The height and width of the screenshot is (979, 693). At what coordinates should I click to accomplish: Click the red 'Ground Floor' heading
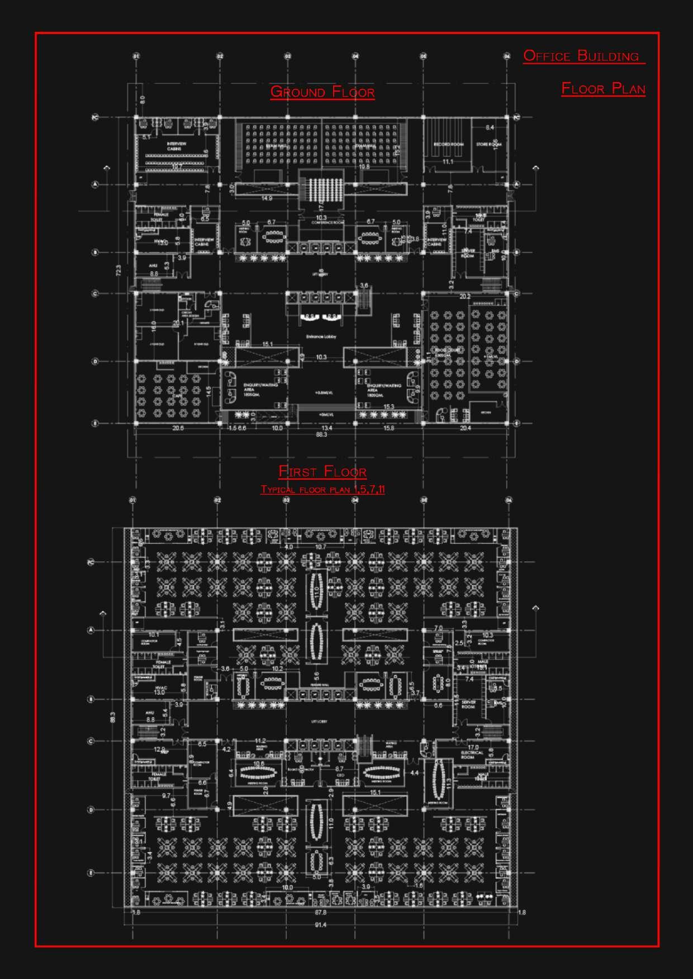pyautogui.click(x=322, y=92)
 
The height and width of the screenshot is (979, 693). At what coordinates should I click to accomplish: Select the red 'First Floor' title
pyautogui.click(x=322, y=472)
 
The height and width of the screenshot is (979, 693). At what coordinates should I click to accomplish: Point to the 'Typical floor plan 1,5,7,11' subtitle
pyautogui.click(x=322, y=490)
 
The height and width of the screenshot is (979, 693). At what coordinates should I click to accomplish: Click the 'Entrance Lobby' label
pyautogui.click(x=321, y=336)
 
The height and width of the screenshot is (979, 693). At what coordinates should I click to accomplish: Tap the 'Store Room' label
pyautogui.click(x=489, y=145)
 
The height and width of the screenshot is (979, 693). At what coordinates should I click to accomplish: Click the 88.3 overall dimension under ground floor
pyautogui.click(x=321, y=434)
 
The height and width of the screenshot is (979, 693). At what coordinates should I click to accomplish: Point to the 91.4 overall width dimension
pyautogui.click(x=320, y=925)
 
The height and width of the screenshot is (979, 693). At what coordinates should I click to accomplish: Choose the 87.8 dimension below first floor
pyautogui.click(x=320, y=913)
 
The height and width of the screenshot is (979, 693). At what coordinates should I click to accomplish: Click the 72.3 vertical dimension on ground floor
pyautogui.click(x=118, y=270)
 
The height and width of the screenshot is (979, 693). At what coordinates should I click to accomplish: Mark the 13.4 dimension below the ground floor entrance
pyautogui.click(x=327, y=428)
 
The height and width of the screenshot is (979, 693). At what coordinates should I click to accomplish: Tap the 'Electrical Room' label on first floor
pyautogui.click(x=472, y=755)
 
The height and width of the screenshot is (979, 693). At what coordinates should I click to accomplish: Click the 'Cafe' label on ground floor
pyautogui.click(x=177, y=395)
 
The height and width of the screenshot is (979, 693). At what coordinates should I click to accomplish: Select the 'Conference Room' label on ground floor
pyautogui.click(x=321, y=223)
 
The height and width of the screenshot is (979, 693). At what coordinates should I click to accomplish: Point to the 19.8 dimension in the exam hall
pyautogui.click(x=364, y=166)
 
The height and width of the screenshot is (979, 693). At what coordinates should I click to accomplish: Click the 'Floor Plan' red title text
pyautogui.click(x=603, y=88)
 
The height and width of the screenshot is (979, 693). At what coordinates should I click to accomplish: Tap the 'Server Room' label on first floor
pyautogui.click(x=468, y=704)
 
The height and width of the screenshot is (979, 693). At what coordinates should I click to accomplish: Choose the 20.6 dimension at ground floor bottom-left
pyautogui.click(x=178, y=428)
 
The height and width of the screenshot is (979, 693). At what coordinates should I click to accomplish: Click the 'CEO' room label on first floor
pyautogui.click(x=339, y=776)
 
